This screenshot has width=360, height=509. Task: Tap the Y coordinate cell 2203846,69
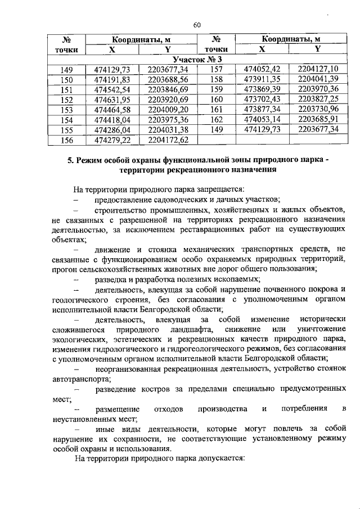point(167,89)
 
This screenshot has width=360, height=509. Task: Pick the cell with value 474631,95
point(112,100)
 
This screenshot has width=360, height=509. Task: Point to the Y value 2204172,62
point(167,140)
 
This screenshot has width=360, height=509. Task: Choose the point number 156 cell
point(66,140)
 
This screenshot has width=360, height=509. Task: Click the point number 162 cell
point(217,120)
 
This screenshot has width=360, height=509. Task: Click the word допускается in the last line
point(214,459)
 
